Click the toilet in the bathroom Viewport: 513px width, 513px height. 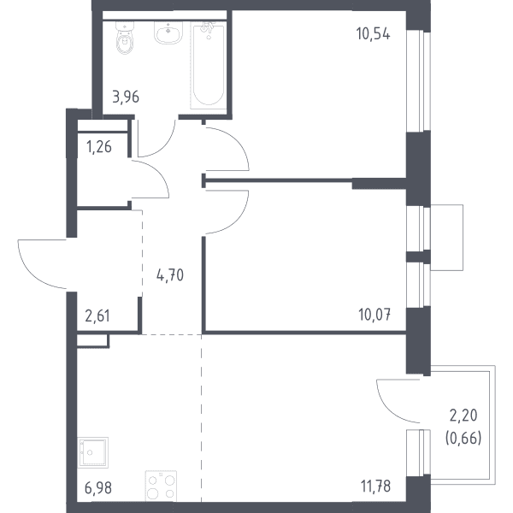pyautogui.click(x=125, y=38)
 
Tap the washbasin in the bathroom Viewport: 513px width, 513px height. pyautogui.click(x=168, y=32)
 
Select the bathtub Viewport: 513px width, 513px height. pyautogui.click(x=208, y=66)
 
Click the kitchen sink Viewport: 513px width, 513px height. pyautogui.click(x=93, y=452)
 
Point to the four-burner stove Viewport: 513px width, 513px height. pyautogui.click(x=161, y=486)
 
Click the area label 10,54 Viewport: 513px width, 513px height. pyautogui.click(x=374, y=33)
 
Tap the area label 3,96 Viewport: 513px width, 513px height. pyautogui.click(x=126, y=97)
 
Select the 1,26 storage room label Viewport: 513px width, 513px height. pyautogui.click(x=99, y=147)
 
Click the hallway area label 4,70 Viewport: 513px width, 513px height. pyautogui.click(x=170, y=275)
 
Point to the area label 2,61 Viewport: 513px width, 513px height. pyautogui.click(x=97, y=316)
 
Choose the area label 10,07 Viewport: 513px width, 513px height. pyautogui.click(x=374, y=315)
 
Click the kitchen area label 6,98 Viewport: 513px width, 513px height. pyautogui.click(x=98, y=488)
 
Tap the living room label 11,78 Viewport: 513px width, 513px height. pyautogui.click(x=375, y=486)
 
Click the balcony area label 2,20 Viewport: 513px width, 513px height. pyautogui.click(x=463, y=416)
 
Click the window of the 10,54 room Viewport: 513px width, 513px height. pyautogui.click(x=418, y=81)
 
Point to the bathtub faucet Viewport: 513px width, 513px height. pyautogui.click(x=208, y=28)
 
